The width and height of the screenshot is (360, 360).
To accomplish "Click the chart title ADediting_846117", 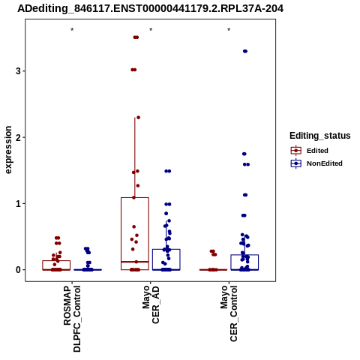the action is tap(151, 8).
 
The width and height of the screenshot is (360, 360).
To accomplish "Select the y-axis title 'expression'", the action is tap(8, 150).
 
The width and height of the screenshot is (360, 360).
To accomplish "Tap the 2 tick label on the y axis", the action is tap(19, 137).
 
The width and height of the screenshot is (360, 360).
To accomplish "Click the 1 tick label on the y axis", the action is tap(19, 203).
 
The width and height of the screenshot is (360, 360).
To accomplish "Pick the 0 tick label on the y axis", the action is tap(19, 270).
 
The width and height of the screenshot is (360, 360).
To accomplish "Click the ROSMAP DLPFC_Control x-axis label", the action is tap(72, 319).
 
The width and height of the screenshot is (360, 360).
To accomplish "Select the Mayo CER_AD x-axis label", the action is tap(151, 305).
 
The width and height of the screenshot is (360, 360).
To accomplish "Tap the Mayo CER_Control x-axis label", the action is tap(229, 313).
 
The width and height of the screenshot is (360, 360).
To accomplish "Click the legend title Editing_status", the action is tap(320, 136).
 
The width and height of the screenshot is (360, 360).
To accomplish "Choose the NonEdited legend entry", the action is tap(316, 163).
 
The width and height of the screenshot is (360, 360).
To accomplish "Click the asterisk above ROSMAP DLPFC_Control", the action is tap(72, 30).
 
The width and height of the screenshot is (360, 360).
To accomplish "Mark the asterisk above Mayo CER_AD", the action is tap(151, 30).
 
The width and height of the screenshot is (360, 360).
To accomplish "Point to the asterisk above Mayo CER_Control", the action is tap(229, 30).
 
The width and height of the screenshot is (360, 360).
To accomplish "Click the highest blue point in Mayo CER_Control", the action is tap(245, 51).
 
